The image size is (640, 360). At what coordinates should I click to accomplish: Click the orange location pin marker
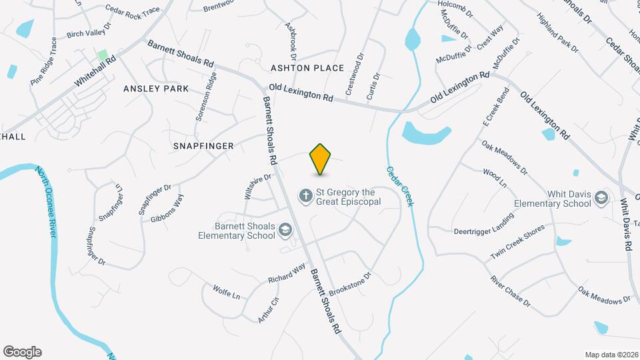[x=321, y=159]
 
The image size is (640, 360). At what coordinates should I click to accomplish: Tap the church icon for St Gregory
[x=305, y=196]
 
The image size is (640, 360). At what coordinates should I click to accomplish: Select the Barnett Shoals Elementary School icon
[x=286, y=230]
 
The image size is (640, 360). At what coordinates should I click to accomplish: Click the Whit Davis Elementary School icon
[x=601, y=197]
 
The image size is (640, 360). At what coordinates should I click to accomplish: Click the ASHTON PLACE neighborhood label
[x=307, y=68]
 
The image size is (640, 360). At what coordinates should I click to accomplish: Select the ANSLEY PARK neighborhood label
[x=156, y=88]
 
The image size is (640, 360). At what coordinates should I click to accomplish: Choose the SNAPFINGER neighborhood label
[x=203, y=145]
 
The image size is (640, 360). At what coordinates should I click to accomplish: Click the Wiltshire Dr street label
[x=259, y=187]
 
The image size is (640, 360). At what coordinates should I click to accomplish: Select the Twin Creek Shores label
[x=517, y=243]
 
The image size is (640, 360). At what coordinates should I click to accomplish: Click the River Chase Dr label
[x=510, y=292]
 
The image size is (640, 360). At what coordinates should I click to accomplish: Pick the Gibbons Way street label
[x=167, y=208]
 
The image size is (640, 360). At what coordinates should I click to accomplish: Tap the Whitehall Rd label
[x=95, y=70]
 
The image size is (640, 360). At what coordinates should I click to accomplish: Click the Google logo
[x=23, y=352]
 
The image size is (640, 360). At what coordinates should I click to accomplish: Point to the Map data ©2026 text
[x=611, y=354]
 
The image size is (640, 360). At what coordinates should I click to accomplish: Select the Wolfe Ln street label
[x=226, y=292]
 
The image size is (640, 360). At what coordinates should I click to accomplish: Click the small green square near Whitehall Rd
[x=103, y=54]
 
